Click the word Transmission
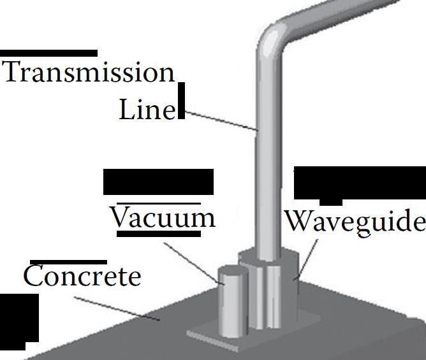[89, 72]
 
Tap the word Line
[147, 110]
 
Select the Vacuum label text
[163, 218]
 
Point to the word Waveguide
[354, 221]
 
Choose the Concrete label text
[82, 277]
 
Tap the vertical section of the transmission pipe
[267, 159]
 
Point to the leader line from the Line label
[220, 120]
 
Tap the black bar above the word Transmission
[49, 54]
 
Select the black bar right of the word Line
[182, 101]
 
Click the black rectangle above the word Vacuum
[158, 182]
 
